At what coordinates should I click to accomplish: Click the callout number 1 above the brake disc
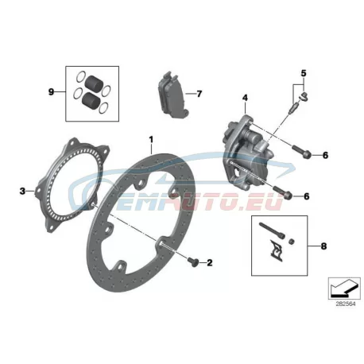151,139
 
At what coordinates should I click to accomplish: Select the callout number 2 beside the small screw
210,263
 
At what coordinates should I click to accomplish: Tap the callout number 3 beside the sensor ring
22,191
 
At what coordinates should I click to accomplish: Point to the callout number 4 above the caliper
245,98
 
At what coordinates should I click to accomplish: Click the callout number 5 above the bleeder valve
304,73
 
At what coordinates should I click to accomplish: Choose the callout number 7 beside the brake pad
199,94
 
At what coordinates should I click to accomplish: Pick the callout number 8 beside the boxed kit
323,246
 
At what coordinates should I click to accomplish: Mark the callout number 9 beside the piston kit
51,92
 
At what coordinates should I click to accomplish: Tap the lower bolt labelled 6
283,192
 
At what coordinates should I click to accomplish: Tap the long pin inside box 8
273,230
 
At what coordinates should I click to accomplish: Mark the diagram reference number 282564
346,304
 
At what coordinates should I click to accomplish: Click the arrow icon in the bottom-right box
343,288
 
